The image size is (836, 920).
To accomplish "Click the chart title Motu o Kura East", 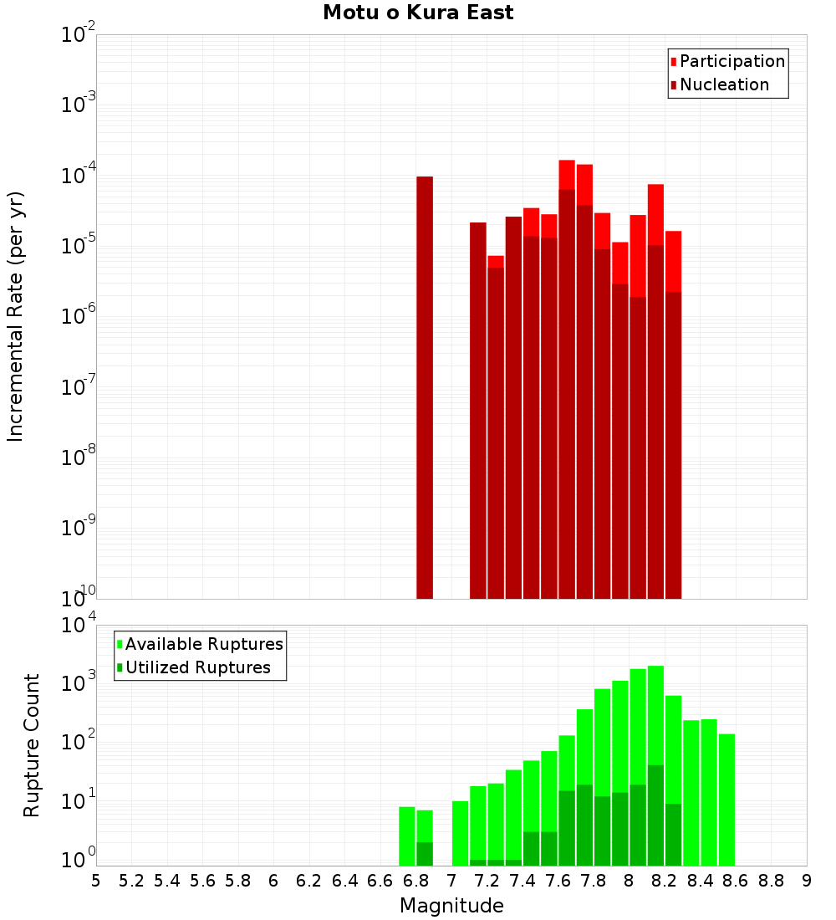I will tap(418, 13).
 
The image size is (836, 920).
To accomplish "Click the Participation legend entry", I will tap(731, 61).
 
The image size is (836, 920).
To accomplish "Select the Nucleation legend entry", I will tap(723, 84).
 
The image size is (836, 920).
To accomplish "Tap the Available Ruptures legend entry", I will tap(203, 644).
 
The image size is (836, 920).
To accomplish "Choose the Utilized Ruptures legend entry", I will tap(197, 667).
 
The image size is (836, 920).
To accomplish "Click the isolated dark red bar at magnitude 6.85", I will tap(425, 385).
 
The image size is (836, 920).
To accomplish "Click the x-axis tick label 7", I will tap(451, 881).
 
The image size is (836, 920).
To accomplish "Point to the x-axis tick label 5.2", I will tap(131, 881).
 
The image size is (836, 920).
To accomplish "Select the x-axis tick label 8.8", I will tap(771, 881).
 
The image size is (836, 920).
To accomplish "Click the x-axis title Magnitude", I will tap(451, 906).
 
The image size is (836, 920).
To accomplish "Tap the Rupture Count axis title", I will tap(32, 744).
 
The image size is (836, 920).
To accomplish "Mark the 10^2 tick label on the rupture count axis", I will tap(79, 742).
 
